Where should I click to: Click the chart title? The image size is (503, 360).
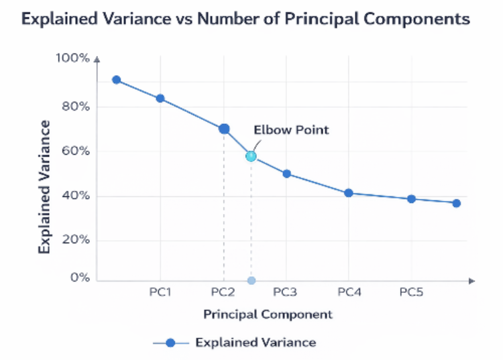pyautogui.click(x=245, y=19)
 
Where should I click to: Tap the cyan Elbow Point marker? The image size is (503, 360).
pyautogui.click(x=251, y=156)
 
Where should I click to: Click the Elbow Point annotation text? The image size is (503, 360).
pyautogui.click(x=290, y=129)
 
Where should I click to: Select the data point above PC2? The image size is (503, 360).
pyautogui.click(x=224, y=129)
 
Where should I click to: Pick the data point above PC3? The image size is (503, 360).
pyautogui.click(x=286, y=174)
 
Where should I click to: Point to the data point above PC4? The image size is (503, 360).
pyautogui.click(x=349, y=193)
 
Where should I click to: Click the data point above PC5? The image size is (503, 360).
pyautogui.click(x=411, y=199)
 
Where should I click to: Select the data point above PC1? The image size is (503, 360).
pyautogui.click(x=160, y=99)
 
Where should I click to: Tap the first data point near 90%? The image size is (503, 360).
pyautogui.click(x=117, y=80)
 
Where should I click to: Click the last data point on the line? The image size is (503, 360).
pyautogui.click(x=456, y=203)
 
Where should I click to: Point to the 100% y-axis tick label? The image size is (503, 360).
pyautogui.click(x=71, y=58)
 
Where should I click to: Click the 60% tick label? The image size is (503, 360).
pyautogui.click(x=74, y=151)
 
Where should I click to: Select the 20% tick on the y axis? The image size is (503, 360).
pyautogui.click(x=74, y=240)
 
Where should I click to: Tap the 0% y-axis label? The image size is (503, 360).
pyautogui.click(x=80, y=278)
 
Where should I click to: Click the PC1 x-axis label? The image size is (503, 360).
pyautogui.click(x=160, y=292)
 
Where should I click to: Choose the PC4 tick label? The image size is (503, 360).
pyautogui.click(x=349, y=292)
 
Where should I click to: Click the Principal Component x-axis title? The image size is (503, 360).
pyautogui.click(x=268, y=314)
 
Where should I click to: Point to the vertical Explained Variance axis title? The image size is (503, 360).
pyautogui.click(x=45, y=186)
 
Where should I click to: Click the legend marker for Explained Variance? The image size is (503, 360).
pyautogui.click(x=170, y=343)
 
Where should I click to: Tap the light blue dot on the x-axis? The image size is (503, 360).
pyautogui.click(x=251, y=280)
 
